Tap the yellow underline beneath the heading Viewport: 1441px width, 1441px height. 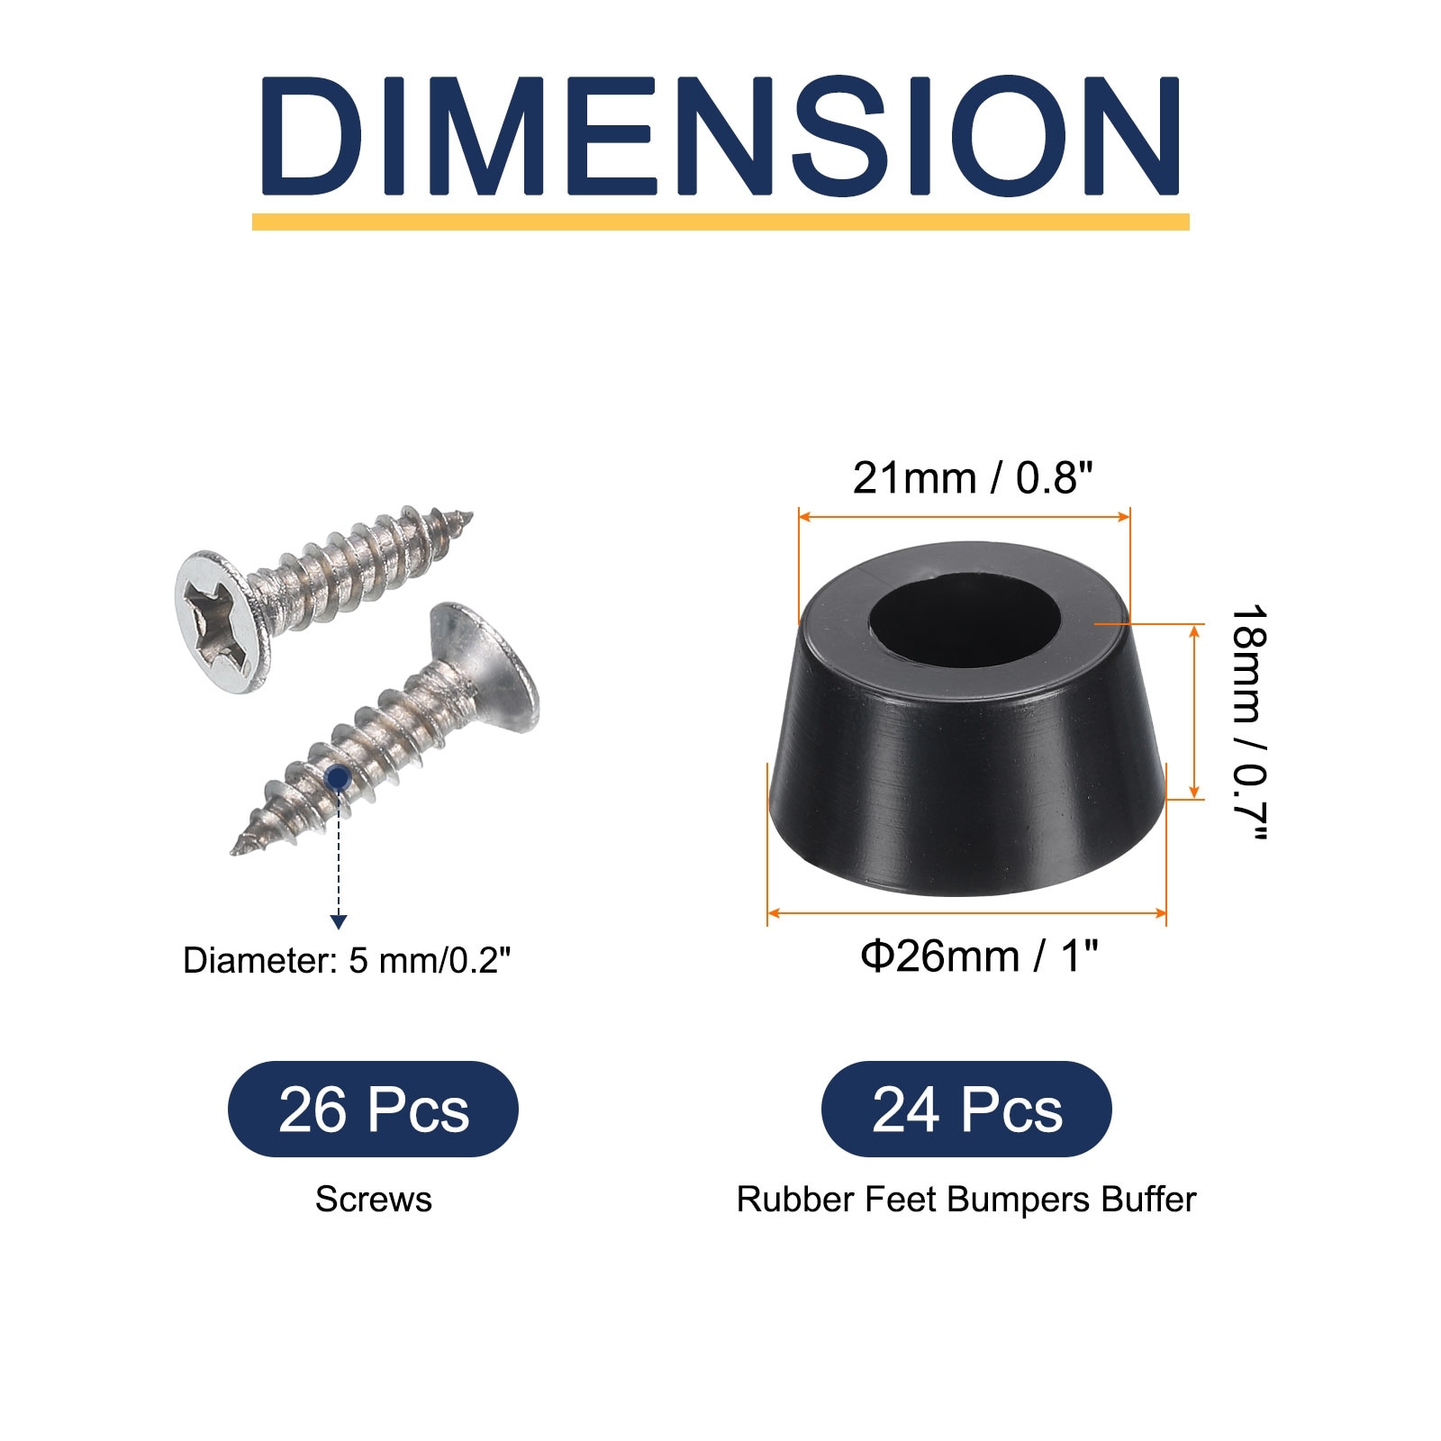[x=720, y=222]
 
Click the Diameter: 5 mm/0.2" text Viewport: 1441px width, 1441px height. [x=347, y=961]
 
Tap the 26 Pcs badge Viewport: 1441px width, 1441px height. [x=373, y=1110]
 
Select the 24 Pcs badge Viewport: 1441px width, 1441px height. [x=966, y=1110]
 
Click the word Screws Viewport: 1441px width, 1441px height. [x=374, y=1200]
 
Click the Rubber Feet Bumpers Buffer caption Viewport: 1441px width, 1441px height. [x=966, y=1200]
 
